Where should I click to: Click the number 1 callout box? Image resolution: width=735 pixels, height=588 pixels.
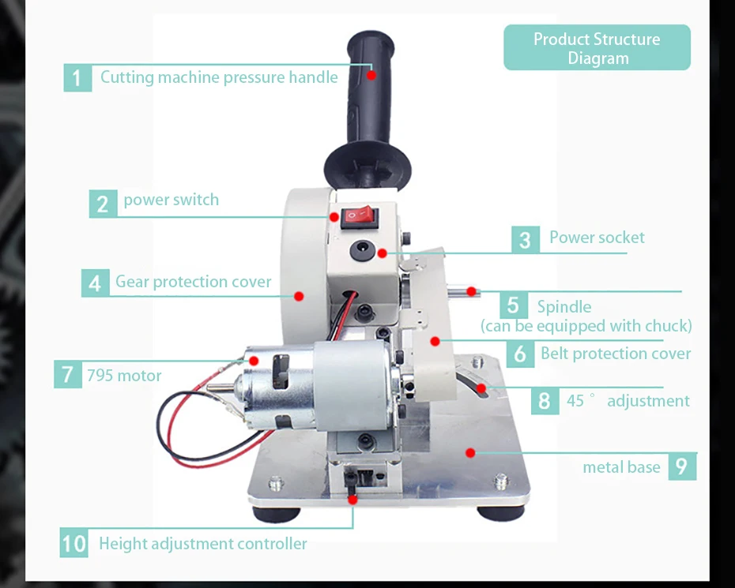point(77,77)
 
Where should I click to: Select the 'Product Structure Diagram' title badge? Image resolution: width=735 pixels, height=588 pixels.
point(597,48)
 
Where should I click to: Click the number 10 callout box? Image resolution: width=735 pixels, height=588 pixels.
point(73,543)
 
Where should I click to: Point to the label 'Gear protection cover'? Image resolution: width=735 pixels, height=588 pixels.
point(193,282)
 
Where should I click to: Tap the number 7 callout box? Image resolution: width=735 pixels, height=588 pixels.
point(68,374)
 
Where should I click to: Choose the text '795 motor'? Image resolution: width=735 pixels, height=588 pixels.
point(124,375)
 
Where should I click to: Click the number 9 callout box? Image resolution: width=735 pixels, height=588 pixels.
point(681,466)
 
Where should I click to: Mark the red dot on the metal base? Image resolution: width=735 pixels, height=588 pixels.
point(470,453)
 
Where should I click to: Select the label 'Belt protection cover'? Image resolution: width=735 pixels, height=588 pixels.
point(616,354)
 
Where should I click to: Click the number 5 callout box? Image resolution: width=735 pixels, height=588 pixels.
point(514,305)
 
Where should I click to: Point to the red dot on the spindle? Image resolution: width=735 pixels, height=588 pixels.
point(472,291)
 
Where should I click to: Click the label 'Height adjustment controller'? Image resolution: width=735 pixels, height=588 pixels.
point(202,543)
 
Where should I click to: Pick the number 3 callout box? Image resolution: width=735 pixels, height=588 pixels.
point(525,238)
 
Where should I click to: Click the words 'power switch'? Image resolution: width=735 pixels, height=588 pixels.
point(171,200)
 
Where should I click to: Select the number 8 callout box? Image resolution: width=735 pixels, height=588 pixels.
point(544,400)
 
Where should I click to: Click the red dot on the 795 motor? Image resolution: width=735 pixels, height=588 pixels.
point(254,360)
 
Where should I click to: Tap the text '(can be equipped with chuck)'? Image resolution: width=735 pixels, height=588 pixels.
point(586,325)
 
